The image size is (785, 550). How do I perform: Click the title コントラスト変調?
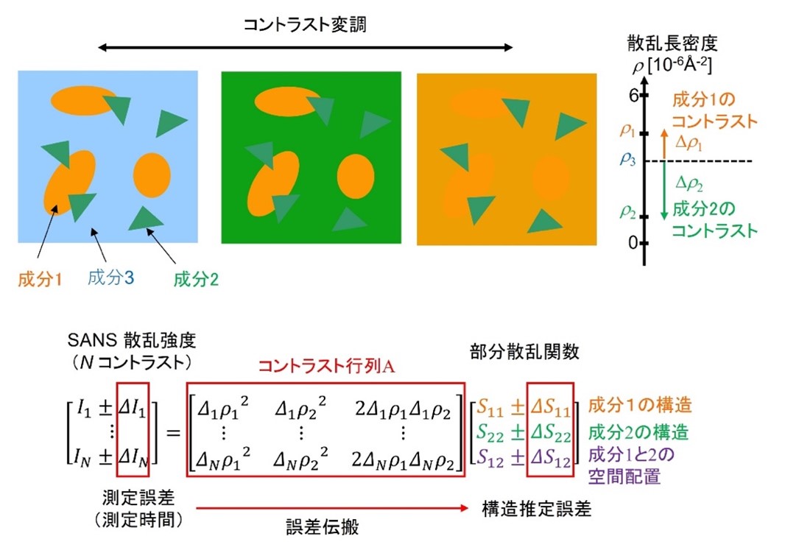[x=304, y=24]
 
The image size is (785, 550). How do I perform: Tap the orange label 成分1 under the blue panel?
[x=40, y=279]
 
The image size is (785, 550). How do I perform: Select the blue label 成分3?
[x=110, y=278]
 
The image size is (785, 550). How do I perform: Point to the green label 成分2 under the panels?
[x=196, y=279]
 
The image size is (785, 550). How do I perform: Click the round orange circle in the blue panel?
[x=152, y=175]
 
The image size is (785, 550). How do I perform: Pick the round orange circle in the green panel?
[x=356, y=177]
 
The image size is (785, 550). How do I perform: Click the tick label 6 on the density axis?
[x=634, y=95]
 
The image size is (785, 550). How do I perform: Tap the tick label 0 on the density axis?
[x=633, y=243]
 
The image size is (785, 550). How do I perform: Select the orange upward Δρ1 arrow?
[x=664, y=145]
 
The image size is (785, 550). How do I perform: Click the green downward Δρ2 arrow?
[x=664, y=191]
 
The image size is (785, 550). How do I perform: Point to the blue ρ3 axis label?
[x=628, y=160]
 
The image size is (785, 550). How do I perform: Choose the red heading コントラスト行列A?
[x=326, y=367]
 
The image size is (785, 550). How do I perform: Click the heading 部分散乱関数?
[x=524, y=352]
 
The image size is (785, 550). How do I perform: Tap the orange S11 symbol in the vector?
[x=490, y=409]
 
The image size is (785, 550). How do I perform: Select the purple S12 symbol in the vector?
[x=490, y=457]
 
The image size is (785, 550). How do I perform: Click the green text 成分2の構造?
[x=638, y=432]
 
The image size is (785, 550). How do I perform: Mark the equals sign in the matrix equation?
[x=173, y=432]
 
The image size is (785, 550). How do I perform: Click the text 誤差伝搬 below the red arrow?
[x=323, y=527]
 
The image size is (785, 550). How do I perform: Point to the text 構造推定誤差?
[x=537, y=509]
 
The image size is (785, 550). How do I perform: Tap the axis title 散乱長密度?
[x=672, y=44]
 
